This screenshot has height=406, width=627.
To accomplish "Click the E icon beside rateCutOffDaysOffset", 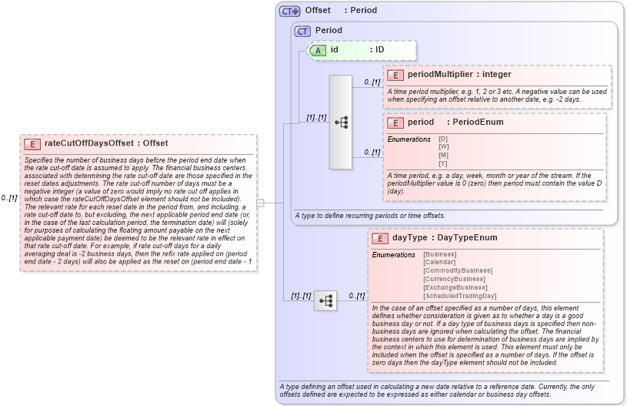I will point(32,143).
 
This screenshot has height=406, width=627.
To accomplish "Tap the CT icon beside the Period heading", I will point(302,31).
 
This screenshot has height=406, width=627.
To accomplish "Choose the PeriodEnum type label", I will point(478,122).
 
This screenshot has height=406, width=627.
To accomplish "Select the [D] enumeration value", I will point(443,139).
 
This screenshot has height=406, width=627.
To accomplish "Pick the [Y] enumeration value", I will point(443,163).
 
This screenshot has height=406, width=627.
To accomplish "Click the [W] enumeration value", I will point(443,146).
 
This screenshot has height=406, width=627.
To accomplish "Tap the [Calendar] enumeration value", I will point(440,263).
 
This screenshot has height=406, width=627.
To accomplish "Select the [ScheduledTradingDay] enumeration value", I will point(459,296).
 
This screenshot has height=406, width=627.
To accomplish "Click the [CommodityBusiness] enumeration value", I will point(457,271).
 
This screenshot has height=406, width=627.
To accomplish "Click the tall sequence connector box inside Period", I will point(340,122).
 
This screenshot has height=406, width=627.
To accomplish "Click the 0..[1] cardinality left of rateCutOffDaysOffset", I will point(9,197).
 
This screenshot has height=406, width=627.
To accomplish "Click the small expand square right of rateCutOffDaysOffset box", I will point(260,203).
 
